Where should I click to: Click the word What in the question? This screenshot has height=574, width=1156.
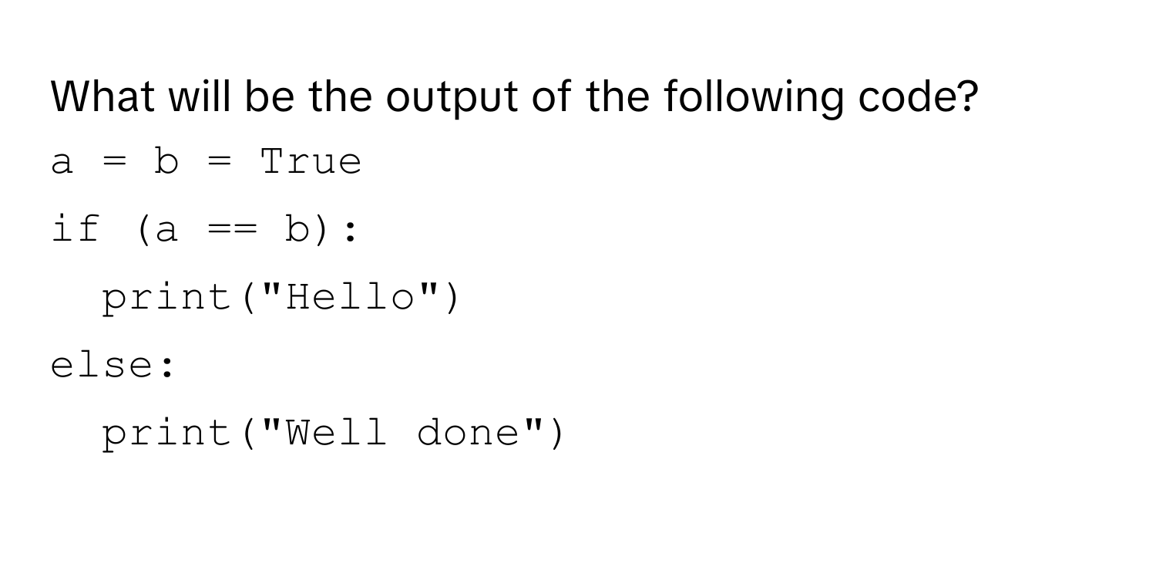tap(102, 96)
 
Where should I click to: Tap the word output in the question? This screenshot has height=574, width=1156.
tap(452, 100)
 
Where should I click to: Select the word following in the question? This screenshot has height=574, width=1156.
tap(754, 98)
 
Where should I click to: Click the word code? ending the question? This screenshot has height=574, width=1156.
tap(918, 96)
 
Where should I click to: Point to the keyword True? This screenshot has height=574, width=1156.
tap(311, 162)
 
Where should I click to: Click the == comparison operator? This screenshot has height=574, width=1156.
tap(232, 230)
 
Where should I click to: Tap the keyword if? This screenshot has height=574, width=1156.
tap(76, 228)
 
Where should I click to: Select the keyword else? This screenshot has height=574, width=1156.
tap(102, 364)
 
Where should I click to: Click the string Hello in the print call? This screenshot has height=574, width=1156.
tap(351, 297)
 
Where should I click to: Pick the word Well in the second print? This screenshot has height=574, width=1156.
tap(336, 433)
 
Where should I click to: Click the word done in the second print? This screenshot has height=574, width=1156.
tap(468, 433)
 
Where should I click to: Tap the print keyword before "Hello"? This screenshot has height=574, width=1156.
tap(166, 299)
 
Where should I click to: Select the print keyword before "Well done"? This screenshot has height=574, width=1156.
tap(166, 434)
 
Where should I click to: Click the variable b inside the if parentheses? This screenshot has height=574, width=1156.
tap(297, 229)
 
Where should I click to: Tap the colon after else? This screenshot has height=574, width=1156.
tap(167, 366)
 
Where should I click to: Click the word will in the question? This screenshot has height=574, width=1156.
tap(200, 96)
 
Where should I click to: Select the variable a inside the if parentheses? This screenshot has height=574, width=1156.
tap(166, 231)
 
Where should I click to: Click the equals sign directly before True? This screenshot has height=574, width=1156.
tap(220, 162)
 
